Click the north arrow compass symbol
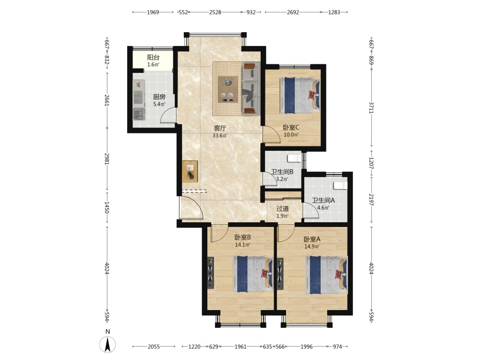coord(108,344)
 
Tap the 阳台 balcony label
coord(153,57)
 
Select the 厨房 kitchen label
coord(159,97)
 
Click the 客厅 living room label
coord(220,128)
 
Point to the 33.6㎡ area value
coord(220,135)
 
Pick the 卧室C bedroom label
coord(291,127)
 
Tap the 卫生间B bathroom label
coord(282,172)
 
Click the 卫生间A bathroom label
coord(323,200)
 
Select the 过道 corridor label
coord(282,209)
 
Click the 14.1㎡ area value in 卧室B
coord(242,245)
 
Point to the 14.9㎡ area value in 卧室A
coord(312,246)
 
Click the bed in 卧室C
coord(300,95)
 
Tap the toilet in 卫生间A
coord(340,185)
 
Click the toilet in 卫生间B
coord(295,158)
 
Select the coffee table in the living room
coord(228,89)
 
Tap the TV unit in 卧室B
coord(210,273)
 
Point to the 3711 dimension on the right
coord(371,108)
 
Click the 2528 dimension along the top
coord(215,12)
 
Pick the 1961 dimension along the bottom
coord(240,347)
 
